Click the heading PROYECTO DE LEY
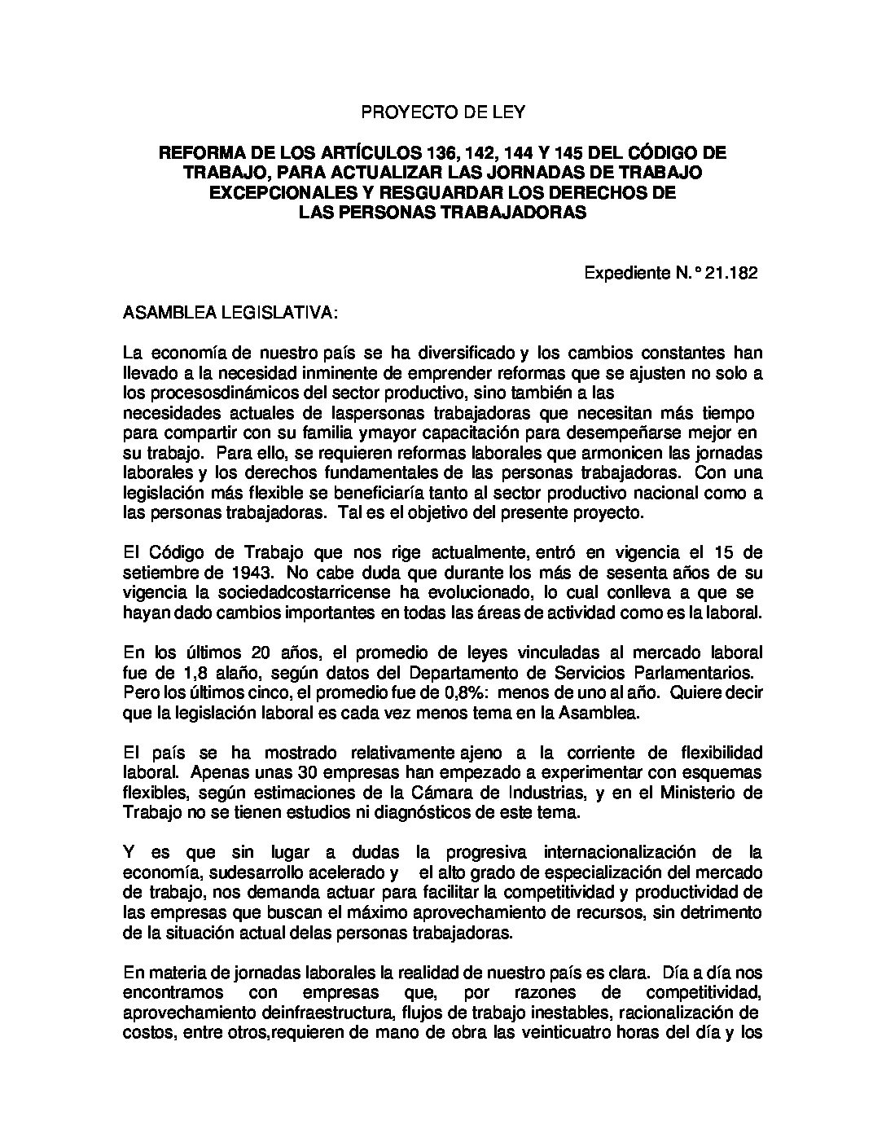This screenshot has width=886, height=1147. point(442,112)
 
